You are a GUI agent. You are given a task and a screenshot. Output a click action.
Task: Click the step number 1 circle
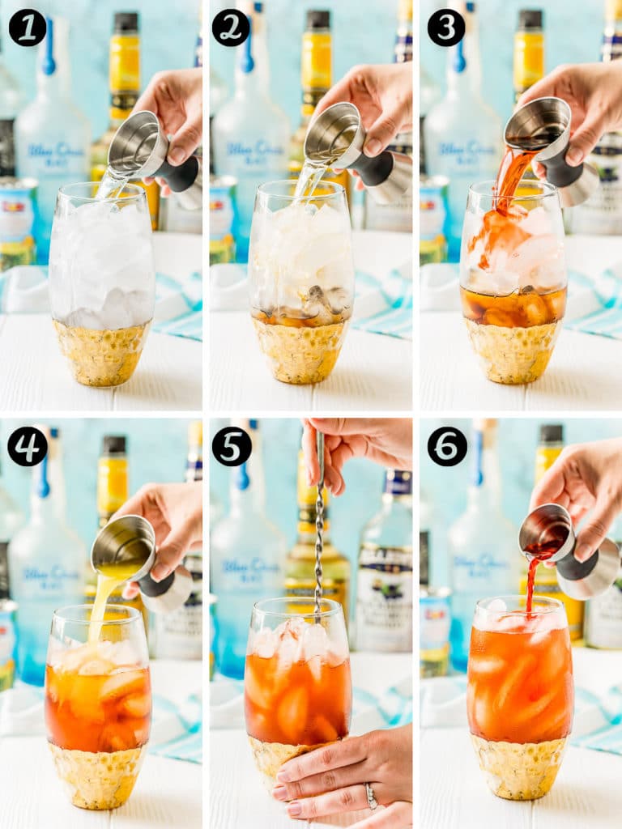pyautogui.click(x=27, y=28)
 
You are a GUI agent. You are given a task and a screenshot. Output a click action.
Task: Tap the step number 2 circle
pyautogui.click(x=231, y=28)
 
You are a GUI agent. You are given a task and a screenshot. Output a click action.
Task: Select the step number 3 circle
pyautogui.click(x=446, y=28)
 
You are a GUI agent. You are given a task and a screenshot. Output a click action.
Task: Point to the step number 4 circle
pyautogui.click(x=27, y=446)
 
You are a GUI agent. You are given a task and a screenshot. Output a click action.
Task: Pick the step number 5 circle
pyautogui.click(x=231, y=446)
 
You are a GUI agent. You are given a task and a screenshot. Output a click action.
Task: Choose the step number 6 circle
pyautogui.click(x=447, y=446)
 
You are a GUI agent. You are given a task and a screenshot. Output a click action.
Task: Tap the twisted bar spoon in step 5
pyautogui.click(x=319, y=534)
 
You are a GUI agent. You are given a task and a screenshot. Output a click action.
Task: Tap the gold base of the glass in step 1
pyautogui.click(x=102, y=353)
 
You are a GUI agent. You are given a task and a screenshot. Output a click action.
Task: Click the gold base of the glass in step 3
pyautogui.click(x=512, y=352)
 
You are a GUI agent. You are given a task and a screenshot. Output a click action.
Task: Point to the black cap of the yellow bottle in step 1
pyautogui.click(x=125, y=22)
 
